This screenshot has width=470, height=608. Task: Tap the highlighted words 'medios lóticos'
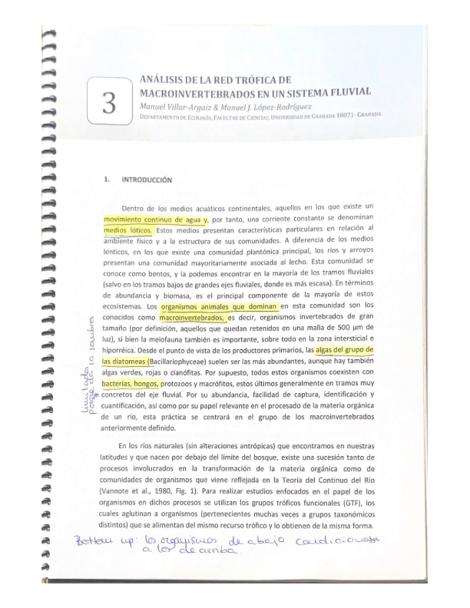(x=128, y=229)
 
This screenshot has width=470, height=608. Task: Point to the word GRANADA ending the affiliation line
(x=369, y=115)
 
